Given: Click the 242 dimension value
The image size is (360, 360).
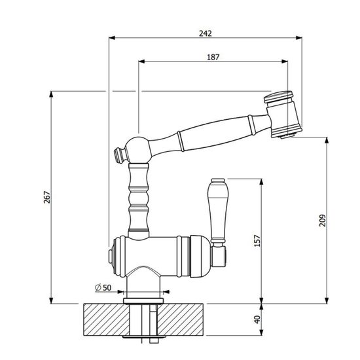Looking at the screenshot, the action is (206, 33).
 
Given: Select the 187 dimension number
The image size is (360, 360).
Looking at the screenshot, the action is (213, 57).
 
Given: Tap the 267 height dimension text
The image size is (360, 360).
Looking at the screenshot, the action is (47, 197).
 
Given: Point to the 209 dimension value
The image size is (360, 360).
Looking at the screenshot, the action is (322, 221).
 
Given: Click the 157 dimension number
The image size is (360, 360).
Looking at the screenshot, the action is (257, 241).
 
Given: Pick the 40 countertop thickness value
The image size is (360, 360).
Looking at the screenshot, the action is (257, 319).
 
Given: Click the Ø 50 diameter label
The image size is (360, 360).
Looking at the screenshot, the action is (103, 287).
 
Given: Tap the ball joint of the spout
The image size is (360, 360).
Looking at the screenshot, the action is (138, 150).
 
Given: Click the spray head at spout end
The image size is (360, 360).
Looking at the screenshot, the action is (282, 115).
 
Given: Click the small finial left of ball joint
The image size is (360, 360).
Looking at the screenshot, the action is (119, 155).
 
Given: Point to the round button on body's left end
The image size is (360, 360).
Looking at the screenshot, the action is (110, 257).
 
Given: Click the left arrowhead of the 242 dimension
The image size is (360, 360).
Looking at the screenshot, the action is (112, 38).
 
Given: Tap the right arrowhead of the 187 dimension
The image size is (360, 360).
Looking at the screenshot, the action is (285, 62).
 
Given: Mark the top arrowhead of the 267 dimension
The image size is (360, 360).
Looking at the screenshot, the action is (52, 94).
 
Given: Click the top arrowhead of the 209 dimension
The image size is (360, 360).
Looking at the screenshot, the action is (327, 140).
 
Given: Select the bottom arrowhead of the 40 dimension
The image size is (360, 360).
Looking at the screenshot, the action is (261, 333).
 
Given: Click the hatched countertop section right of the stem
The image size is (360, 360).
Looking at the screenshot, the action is (181, 319).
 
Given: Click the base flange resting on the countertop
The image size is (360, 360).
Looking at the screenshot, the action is (143, 300).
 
